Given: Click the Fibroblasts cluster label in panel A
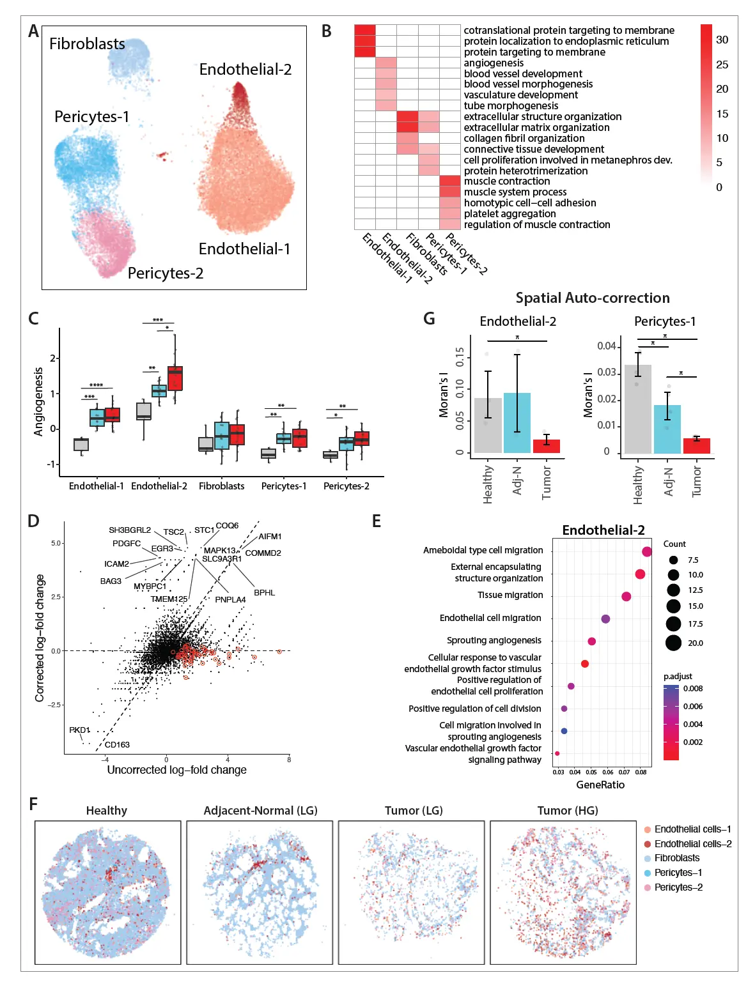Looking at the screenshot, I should pyautogui.click(x=87, y=44).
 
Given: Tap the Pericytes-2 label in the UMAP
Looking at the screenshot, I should pyautogui.click(x=165, y=273).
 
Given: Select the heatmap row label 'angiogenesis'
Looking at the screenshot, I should pyautogui.click(x=494, y=63).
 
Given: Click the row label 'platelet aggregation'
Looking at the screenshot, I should pyautogui.click(x=510, y=214).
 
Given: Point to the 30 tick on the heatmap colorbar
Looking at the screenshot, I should pyautogui.click(x=722, y=40).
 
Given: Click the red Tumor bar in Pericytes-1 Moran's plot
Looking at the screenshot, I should pyautogui.click(x=696, y=445).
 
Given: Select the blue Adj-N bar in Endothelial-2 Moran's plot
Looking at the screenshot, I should pyautogui.click(x=517, y=422).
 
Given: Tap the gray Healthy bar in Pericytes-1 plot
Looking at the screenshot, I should pyautogui.click(x=637, y=409).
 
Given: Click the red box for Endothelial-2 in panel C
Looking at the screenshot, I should pyautogui.click(x=175, y=378).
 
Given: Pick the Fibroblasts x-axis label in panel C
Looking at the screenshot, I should pyautogui.click(x=221, y=486).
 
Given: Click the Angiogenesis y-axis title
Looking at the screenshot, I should pyautogui.click(x=39, y=401).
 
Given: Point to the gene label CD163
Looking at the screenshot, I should pyautogui.click(x=117, y=744).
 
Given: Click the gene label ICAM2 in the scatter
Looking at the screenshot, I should pyautogui.click(x=116, y=564).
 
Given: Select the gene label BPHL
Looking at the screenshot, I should pyautogui.click(x=264, y=593).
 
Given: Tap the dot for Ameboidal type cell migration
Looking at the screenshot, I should pyautogui.click(x=647, y=551).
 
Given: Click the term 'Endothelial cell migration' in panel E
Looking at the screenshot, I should pyautogui.click(x=490, y=618).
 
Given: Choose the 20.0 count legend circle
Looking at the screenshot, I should pyautogui.click(x=673, y=643).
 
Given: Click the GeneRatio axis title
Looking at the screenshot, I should pyautogui.click(x=600, y=785).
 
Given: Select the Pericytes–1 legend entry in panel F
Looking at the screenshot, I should pyautogui.click(x=678, y=873).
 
